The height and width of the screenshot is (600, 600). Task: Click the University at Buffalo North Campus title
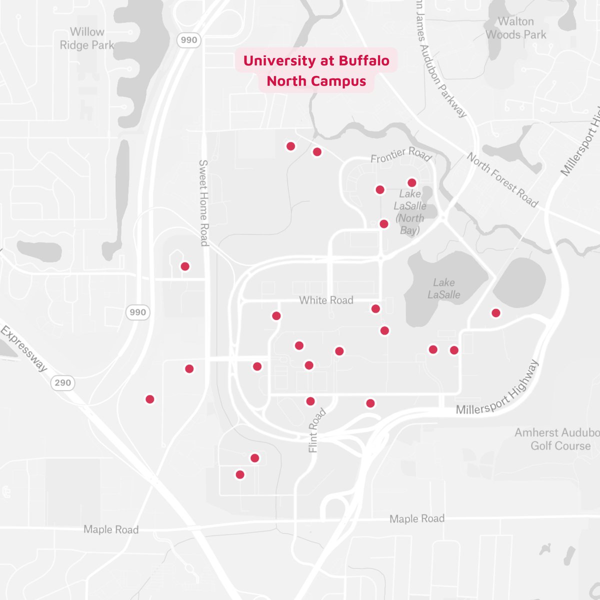(x=316, y=70)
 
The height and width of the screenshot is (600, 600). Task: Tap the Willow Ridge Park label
(x=87, y=38)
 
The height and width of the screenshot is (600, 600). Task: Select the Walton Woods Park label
(x=516, y=28)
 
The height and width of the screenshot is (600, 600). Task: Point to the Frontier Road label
(x=400, y=155)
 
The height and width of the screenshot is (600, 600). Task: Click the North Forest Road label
(x=502, y=180)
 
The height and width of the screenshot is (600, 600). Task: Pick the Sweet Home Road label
(x=204, y=202)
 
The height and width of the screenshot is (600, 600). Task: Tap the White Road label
(x=326, y=300)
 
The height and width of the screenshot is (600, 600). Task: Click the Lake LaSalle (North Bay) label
(x=410, y=212)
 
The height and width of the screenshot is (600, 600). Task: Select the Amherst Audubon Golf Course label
(x=557, y=439)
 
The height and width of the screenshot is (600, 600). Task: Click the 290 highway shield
(x=63, y=383)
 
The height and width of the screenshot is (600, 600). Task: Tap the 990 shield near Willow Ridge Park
(x=189, y=40)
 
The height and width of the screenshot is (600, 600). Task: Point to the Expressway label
(x=23, y=348)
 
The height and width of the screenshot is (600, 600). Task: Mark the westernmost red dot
(x=149, y=399)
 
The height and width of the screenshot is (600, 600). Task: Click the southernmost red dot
(x=240, y=474)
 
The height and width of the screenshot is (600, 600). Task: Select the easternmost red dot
(x=495, y=313)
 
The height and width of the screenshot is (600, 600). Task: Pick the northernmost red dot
(x=290, y=146)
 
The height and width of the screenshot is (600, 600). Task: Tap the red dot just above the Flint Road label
(x=310, y=401)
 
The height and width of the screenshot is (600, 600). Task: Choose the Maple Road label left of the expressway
(x=111, y=529)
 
